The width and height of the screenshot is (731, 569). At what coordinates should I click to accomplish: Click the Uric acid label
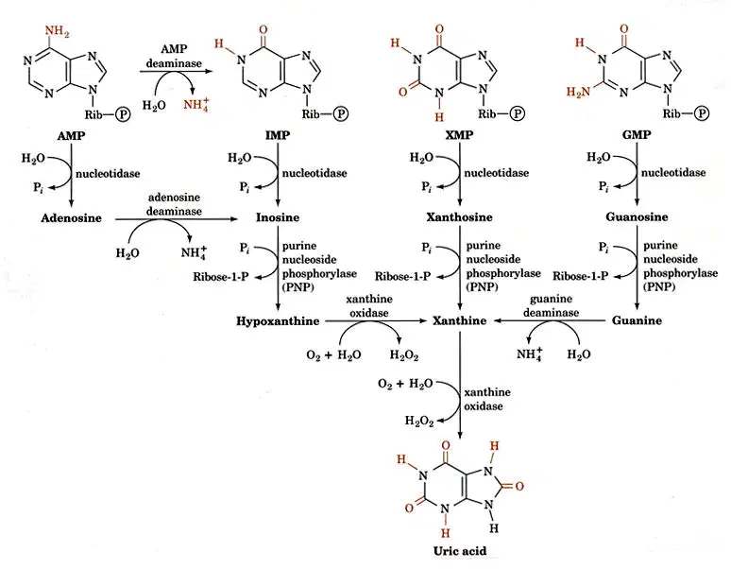click(x=460, y=551)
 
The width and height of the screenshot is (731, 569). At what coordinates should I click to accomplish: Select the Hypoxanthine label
click(x=278, y=321)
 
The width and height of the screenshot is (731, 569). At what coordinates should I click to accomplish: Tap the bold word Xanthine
click(x=459, y=320)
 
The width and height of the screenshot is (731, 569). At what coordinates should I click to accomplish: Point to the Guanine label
click(x=637, y=320)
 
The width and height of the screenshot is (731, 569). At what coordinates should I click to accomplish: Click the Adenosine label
click(x=72, y=217)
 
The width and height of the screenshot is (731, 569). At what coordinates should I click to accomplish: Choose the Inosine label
click(x=278, y=217)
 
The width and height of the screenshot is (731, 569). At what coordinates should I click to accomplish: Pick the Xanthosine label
click(x=459, y=216)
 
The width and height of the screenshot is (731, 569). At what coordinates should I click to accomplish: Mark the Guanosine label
click(x=637, y=216)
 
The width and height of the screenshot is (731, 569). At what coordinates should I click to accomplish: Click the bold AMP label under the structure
click(x=72, y=136)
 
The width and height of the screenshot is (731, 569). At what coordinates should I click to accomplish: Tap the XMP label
click(x=459, y=135)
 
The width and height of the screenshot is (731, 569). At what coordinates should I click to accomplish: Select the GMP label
click(x=637, y=134)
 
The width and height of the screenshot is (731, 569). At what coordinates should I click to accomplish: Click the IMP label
click(x=278, y=135)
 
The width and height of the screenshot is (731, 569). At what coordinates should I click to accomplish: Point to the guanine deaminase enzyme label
click(x=551, y=305)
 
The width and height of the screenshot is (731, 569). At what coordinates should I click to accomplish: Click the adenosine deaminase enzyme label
click(x=174, y=204)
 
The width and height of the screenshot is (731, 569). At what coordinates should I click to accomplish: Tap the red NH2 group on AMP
click(x=57, y=32)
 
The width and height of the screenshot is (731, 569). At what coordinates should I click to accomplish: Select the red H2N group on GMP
click(x=578, y=92)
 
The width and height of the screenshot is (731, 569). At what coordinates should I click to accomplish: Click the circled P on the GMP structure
click(x=702, y=113)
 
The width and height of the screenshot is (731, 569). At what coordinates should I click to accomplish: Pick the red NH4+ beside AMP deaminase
click(x=195, y=104)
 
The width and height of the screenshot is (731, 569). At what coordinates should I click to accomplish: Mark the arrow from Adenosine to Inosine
click(x=177, y=218)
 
